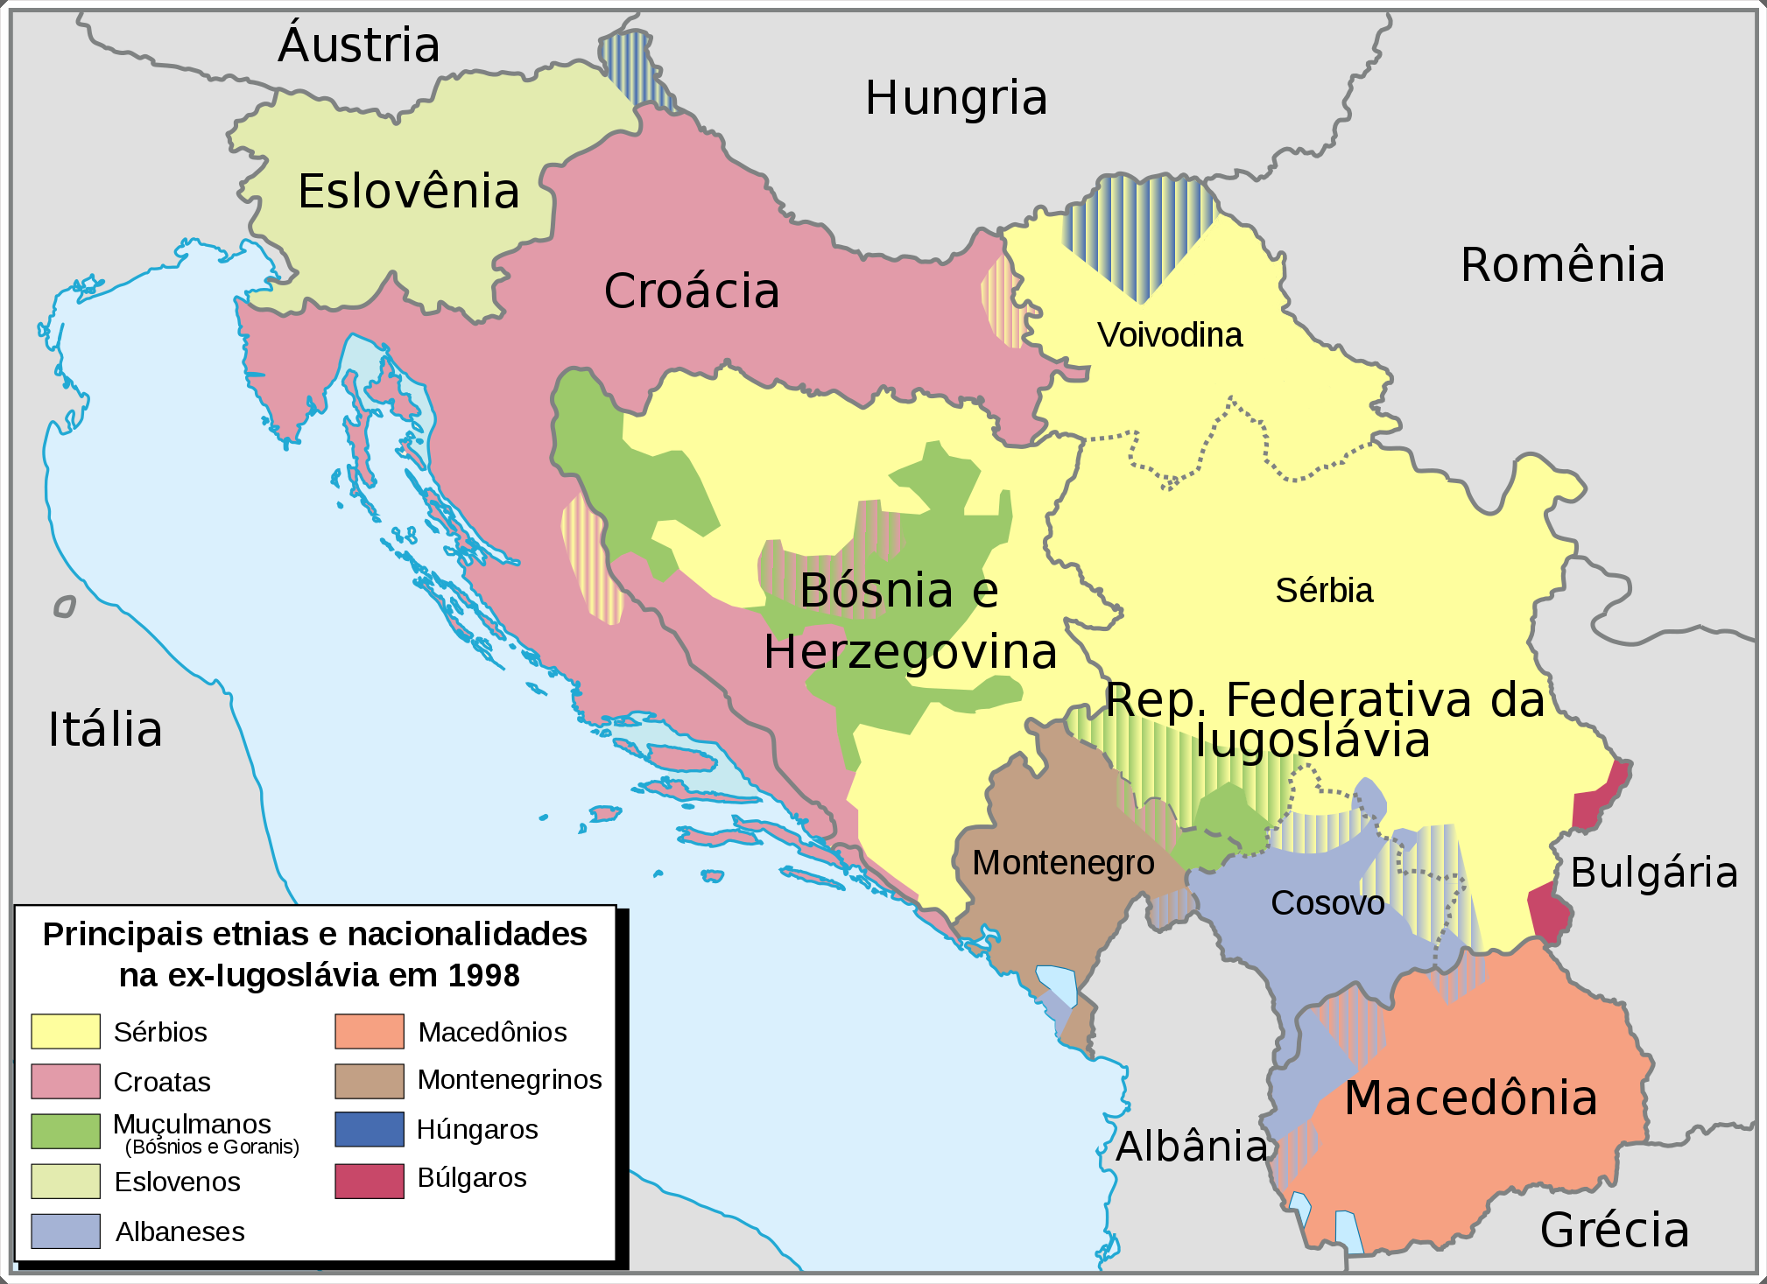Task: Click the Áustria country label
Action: (x=359, y=45)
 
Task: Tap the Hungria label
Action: (x=956, y=97)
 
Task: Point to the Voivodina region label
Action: (x=1170, y=335)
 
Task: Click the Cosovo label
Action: (x=1327, y=902)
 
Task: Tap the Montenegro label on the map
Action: (x=1063, y=863)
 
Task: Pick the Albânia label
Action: (x=1192, y=1146)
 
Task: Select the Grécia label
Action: (x=1615, y=1230)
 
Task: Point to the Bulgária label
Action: (x=1654, y=873)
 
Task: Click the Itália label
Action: (x=105, y=729)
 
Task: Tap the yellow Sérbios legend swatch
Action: (x=66, y=1031)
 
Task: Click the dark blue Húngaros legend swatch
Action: (x=369, y=1129)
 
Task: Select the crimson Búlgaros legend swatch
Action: (x=369, y=1180)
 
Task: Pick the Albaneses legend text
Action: (x=180, y=1231)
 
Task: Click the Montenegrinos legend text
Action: (x=510, y=1079)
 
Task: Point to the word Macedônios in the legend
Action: (x=492, y=1032)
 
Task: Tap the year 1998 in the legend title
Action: (x=483, y=975)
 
